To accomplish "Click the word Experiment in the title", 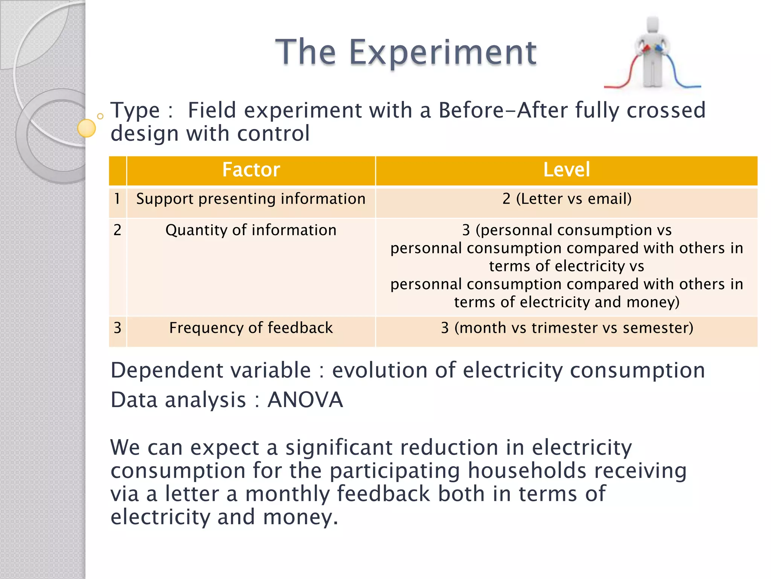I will point(442,53).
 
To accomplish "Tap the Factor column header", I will point(251,170).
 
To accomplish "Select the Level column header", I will point(567,170).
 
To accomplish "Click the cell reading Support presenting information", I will point(251,199).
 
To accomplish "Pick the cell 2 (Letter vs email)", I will point(567,199).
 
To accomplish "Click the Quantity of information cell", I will point(251,230).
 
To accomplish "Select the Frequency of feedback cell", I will point(251,328).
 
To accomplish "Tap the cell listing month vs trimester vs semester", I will point(567,328).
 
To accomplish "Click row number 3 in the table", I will point(117,328).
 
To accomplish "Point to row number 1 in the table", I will point(117,199).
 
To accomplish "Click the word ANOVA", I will point(305,400).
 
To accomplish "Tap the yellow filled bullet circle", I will point(87,128).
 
